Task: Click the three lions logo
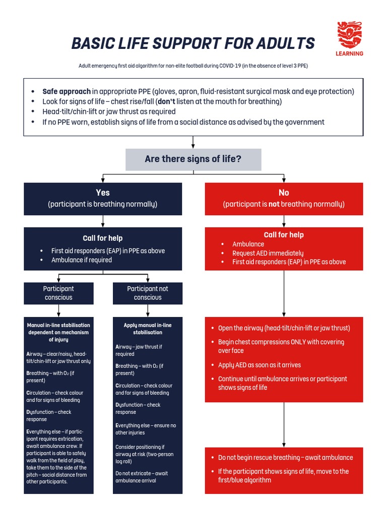[349, 35]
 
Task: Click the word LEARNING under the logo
[349, 53]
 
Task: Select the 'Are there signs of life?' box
[193, 159]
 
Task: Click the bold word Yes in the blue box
[103, 192]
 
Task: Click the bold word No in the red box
[284, 192]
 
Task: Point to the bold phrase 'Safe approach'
[67, 91]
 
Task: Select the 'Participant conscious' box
[58, 293]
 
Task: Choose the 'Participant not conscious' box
[148, 293]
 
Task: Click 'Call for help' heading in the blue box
[103, 238]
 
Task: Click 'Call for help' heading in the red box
[284, 235]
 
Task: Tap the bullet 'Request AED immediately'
[268, 253]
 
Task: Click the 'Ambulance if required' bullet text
[81, 260]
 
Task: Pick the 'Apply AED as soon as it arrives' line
[259, 365]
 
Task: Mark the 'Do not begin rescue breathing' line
[285, 458]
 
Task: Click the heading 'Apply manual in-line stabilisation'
[148, 329]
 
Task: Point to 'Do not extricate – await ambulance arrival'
[142, 477]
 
